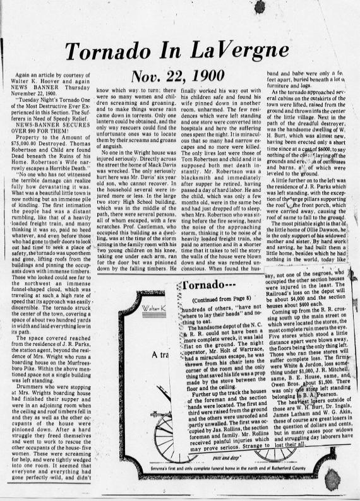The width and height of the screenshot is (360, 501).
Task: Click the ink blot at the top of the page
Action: [x=259, y=6]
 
